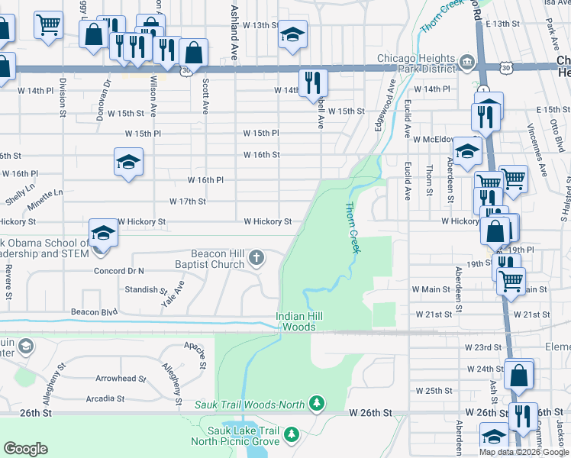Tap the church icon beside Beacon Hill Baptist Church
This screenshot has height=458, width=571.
(x=256, y=259)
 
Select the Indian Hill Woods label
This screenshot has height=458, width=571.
(x=295, y=321)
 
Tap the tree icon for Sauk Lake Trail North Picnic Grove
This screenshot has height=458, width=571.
(x=290, y=434)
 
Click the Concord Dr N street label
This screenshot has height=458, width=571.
(x=118, y=271)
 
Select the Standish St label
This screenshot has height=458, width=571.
(x=146, y=290)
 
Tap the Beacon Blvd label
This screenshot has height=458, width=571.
(x=94, y=311)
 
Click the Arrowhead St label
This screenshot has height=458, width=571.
(x=121, y=379)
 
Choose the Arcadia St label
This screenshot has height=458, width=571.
(x=105, y=398)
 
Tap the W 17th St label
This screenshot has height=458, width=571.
(x=188, y=202)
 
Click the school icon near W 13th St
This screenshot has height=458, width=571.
(x=292, y=34)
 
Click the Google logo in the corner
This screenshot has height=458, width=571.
(x=25, y=448)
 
